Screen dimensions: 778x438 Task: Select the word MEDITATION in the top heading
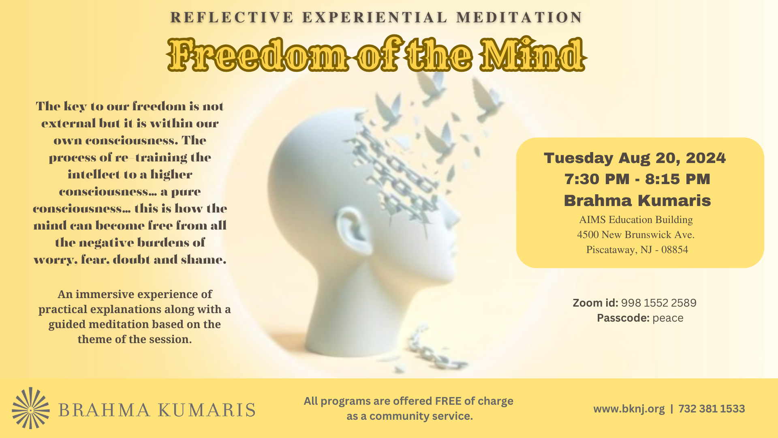[519, 17]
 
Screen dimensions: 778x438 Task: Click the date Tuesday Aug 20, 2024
[635, 158]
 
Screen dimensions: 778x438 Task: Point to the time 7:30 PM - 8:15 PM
[637, 179]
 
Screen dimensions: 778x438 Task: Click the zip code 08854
[675, 250]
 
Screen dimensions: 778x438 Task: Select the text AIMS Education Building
[636, 220]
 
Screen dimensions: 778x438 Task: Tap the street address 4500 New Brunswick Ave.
[636, 235]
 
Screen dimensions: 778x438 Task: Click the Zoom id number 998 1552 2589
[658, 303]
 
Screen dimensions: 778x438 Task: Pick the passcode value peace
[668, 318]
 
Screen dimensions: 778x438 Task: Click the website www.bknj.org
[629, 409]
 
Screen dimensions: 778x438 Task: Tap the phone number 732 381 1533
[712, 409]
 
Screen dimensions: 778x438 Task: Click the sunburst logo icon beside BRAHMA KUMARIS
[31, 408]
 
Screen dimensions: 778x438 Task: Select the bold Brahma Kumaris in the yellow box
[637, 200]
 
